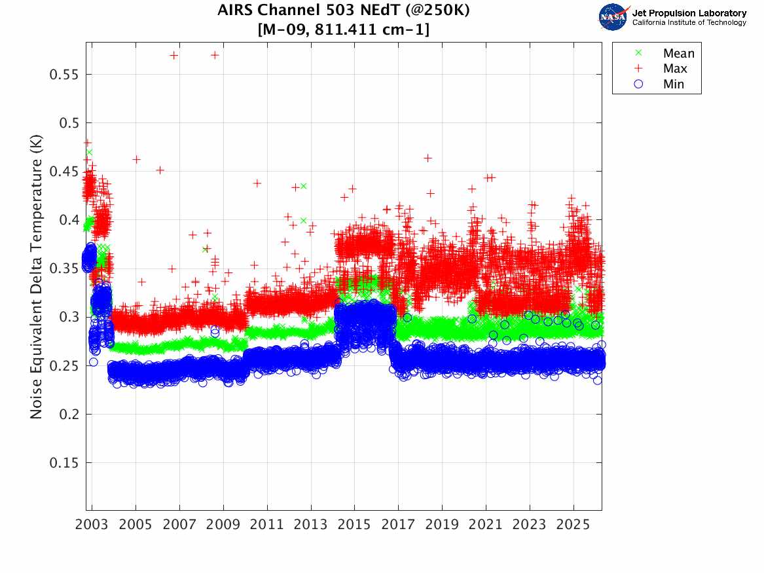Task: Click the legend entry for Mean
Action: pyautogui.click(x=678, y=54)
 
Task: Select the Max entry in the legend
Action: pyautogui.click(x=675, y=69)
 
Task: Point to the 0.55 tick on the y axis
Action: pyautogui.click(x=64, y=74)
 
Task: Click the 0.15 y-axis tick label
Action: pyautogui.click(x=64, y=463)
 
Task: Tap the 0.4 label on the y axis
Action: pyautogui.click(x=68, y=220)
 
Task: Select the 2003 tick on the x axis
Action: pyautogui.click(x=92, y=525)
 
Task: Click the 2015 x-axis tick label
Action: pyautogui.click(x=354, y=525)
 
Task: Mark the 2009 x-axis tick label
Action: pyautogui.click(x=223, y=525)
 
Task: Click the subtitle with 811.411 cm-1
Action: pyautogui.click(x=344, y=29)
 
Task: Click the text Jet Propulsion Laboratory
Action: pyautogui.click(x=689, y=12)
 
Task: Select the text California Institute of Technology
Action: pyautogui.click(x=689, y=22)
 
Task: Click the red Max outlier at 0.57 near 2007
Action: pyautogui.click(x=173, y=55)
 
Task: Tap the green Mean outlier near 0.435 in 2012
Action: pyautogui.click(x=303, y=186)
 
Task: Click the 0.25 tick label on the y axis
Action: pyautogui.click(x=64, y=365)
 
